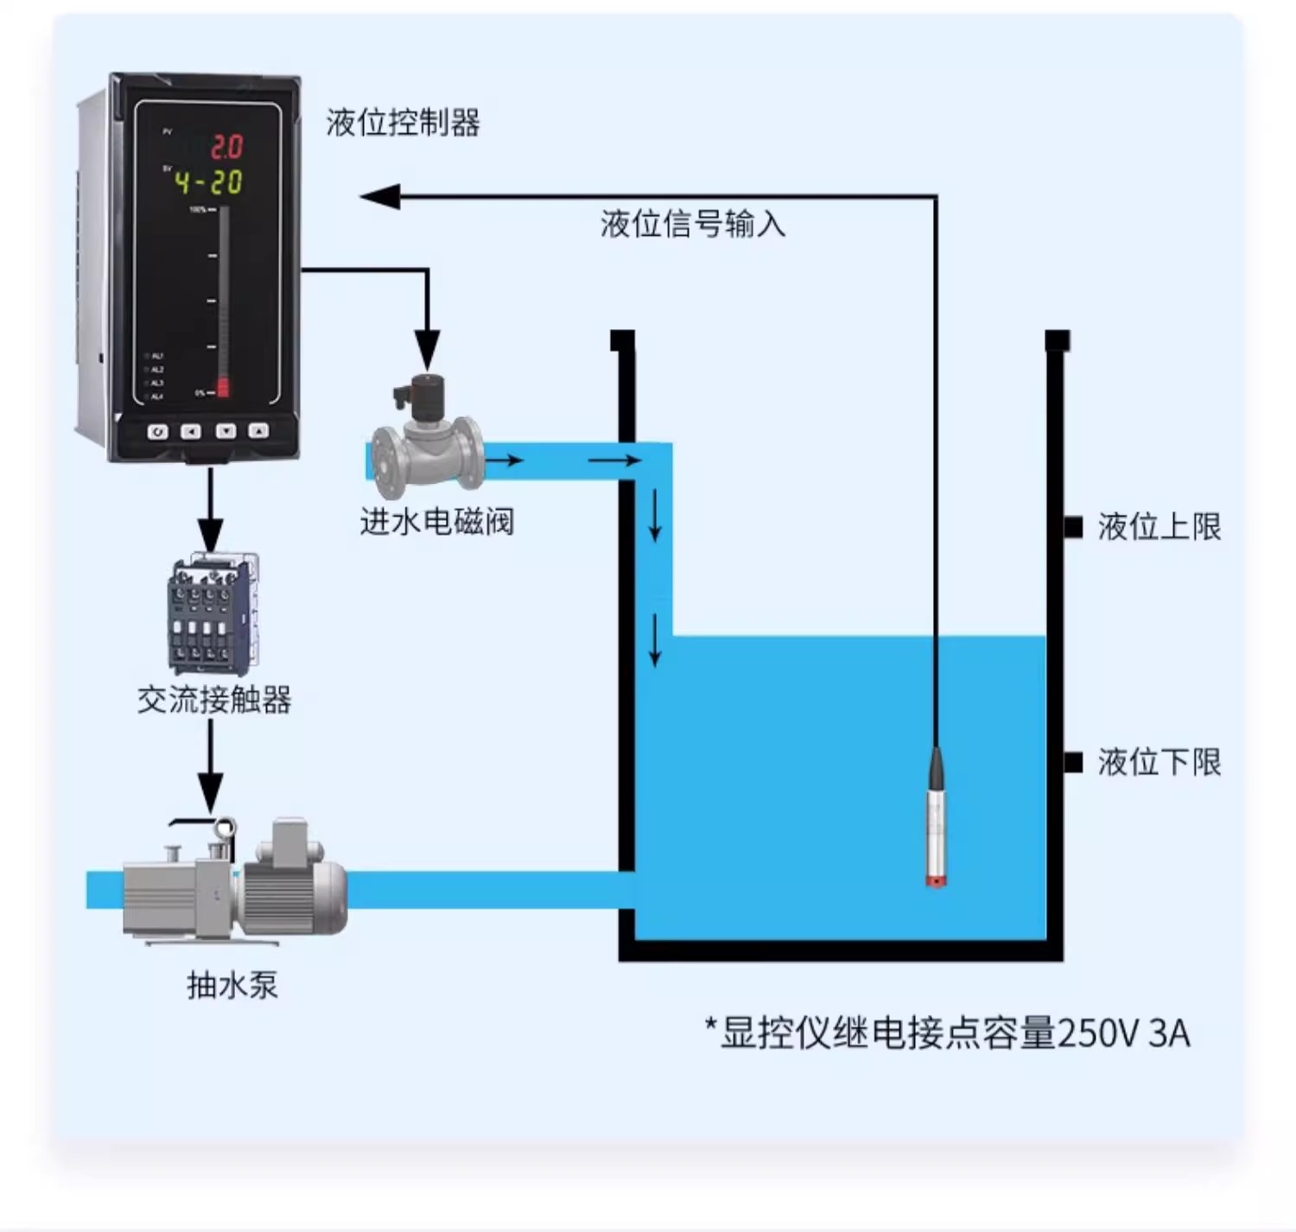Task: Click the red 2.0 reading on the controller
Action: pyautogui.click(x=226, y=148)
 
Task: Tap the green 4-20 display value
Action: pyautogui.click(x=208, y=182)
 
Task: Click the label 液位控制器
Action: pyautogui.click(x=403, y=123)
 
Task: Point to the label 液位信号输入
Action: pyautogui.click(x=693, y=224)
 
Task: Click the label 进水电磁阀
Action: pyautogui.click(x=437, y=522)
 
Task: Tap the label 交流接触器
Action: pyautogui.click(x=214, y=700)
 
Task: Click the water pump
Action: pyautogui.click(x=235, y=881)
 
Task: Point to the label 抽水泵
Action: pyautogui.click(x=232, y=985)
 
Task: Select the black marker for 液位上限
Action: pyautogui.click(x=1073, y=527)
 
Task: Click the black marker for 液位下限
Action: pyautogui.click(x=1073, y=762)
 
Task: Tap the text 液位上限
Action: pyautogui.click(x=1159, y=527)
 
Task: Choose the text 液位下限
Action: pyautogui.click(x=1159, y=762)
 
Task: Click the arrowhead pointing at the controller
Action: pyautogui.click(x=379, y=197)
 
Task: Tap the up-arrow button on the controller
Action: pyautogui.click(x=258, y=430)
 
